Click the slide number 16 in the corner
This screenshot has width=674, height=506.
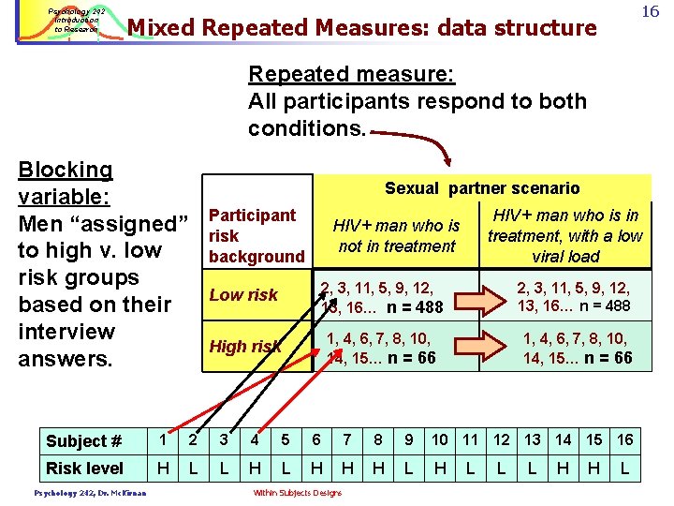tap(651, 12)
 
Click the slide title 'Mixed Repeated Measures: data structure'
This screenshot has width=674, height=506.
tap(361, 28)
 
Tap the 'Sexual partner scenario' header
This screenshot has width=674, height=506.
tap(482, 188)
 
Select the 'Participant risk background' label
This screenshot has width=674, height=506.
tap(256, 236)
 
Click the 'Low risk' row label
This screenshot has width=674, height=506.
tap(243, 295)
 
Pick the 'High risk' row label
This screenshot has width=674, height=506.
tap(244, 347)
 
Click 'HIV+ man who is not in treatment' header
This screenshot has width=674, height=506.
tap(396, 235)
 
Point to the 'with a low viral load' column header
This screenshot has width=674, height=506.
tap(565, 236)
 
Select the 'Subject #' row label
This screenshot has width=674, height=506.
tap(84, 441)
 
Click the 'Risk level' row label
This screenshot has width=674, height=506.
tap(84, 469)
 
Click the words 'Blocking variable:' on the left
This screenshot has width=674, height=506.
tap(66, 184)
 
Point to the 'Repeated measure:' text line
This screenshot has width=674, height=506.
tap(323, 74)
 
